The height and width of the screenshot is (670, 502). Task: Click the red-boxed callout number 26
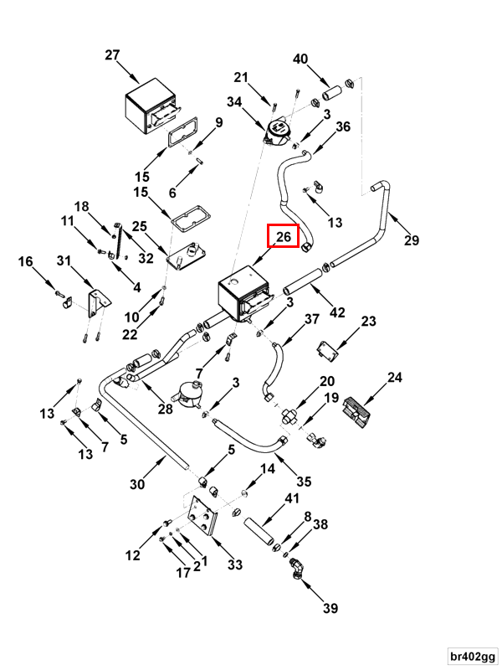[284, 236]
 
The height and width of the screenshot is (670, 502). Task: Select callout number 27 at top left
[112, 55]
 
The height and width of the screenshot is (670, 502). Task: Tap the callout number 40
[300, 59]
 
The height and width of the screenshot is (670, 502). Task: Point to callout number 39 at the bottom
[330, 608]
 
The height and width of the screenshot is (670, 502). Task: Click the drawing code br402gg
[473, 656]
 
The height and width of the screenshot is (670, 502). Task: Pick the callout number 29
[412, 240]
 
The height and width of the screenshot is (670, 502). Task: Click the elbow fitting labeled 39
[297, 569]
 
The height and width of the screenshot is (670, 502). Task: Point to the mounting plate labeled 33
[202, 516]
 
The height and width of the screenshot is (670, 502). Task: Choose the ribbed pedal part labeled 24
[356, 411]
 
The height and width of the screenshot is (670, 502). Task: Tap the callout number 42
[337, 312]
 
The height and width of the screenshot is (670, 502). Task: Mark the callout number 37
[312, 319]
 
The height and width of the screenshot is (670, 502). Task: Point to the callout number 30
[137, 484]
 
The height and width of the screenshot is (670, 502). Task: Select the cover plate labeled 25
[187, 255]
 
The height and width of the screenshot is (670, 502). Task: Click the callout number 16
[26, 261]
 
